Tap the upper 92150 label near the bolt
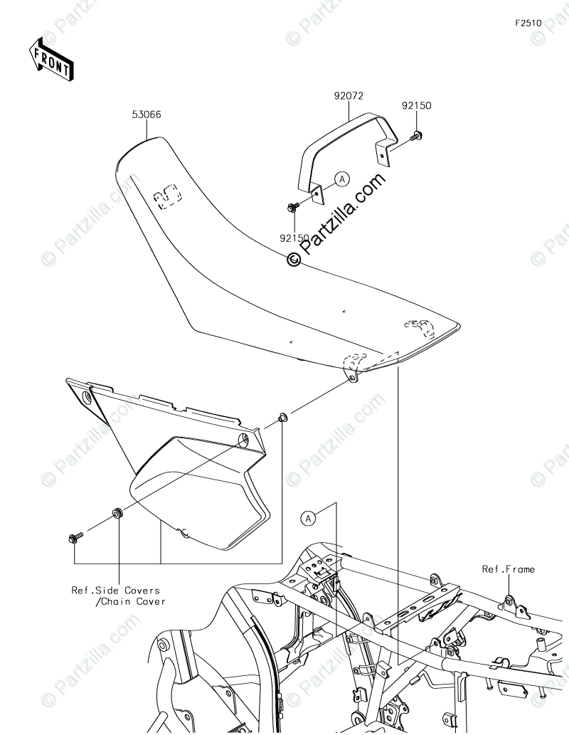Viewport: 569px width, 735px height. [x=416, y=106]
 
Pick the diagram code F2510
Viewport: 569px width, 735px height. [x=529, y=23]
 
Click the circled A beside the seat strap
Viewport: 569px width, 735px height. [x=341, y=179]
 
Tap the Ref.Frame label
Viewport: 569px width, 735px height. [x=508, y=569]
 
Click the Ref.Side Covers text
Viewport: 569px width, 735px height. [x=115, y=590]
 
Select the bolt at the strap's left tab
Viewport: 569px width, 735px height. [x=291, y=207]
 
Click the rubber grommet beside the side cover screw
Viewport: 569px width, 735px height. [x=117, y=514]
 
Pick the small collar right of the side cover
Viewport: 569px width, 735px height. [x=283, y=416]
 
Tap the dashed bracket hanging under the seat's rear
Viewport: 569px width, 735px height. [x=352, y=366]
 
